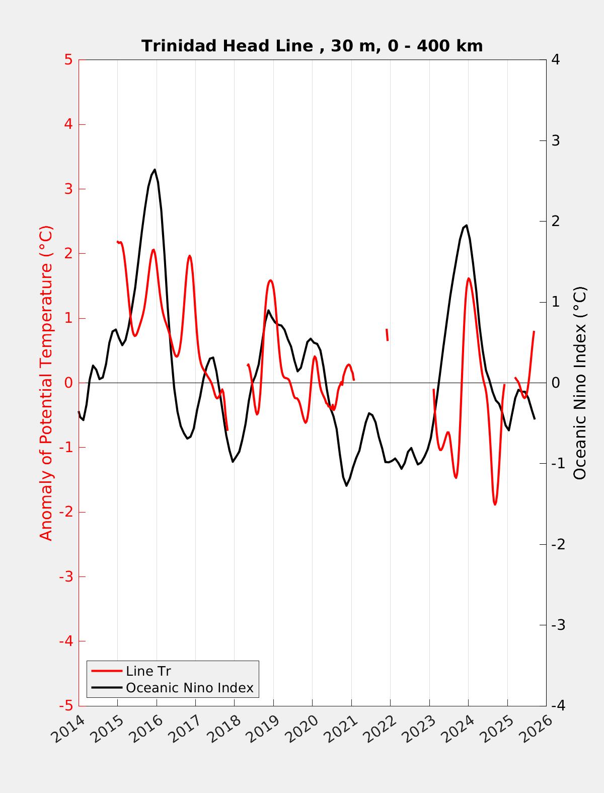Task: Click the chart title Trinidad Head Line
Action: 312,46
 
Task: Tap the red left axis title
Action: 46,383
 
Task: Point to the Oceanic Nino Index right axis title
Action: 580,383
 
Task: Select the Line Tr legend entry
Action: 148,671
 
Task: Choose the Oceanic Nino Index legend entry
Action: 189,687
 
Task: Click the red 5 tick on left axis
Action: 68,60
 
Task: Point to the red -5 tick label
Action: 66,706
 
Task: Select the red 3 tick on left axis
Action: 68,189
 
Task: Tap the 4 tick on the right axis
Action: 556,60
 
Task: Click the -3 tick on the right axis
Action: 558,625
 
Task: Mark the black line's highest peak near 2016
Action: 155,170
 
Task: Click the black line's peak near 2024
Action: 467,225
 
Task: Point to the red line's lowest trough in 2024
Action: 495,504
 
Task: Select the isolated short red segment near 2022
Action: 387,335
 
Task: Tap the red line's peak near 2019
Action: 270,280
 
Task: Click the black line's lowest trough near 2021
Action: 346,485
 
